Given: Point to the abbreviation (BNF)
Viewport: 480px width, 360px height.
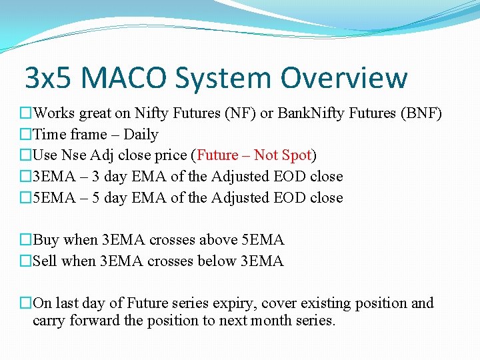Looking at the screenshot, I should pyautogui.click(x=420, y=113).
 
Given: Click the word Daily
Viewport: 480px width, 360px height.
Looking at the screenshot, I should pyautogui.click(x=141, y=135).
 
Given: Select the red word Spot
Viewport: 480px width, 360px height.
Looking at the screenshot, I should pyautogui.click(x=297, y=155).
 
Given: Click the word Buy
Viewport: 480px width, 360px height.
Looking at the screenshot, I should pyautogui.click(x=45, y=239).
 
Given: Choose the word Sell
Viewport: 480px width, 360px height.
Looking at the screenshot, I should pyautogui.click(x=45, y=261).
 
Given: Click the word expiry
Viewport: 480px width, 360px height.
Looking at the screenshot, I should pyautogui.click(x=237, y=303).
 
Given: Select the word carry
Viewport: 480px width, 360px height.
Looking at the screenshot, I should pyautogui.click(x=48, y=321).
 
